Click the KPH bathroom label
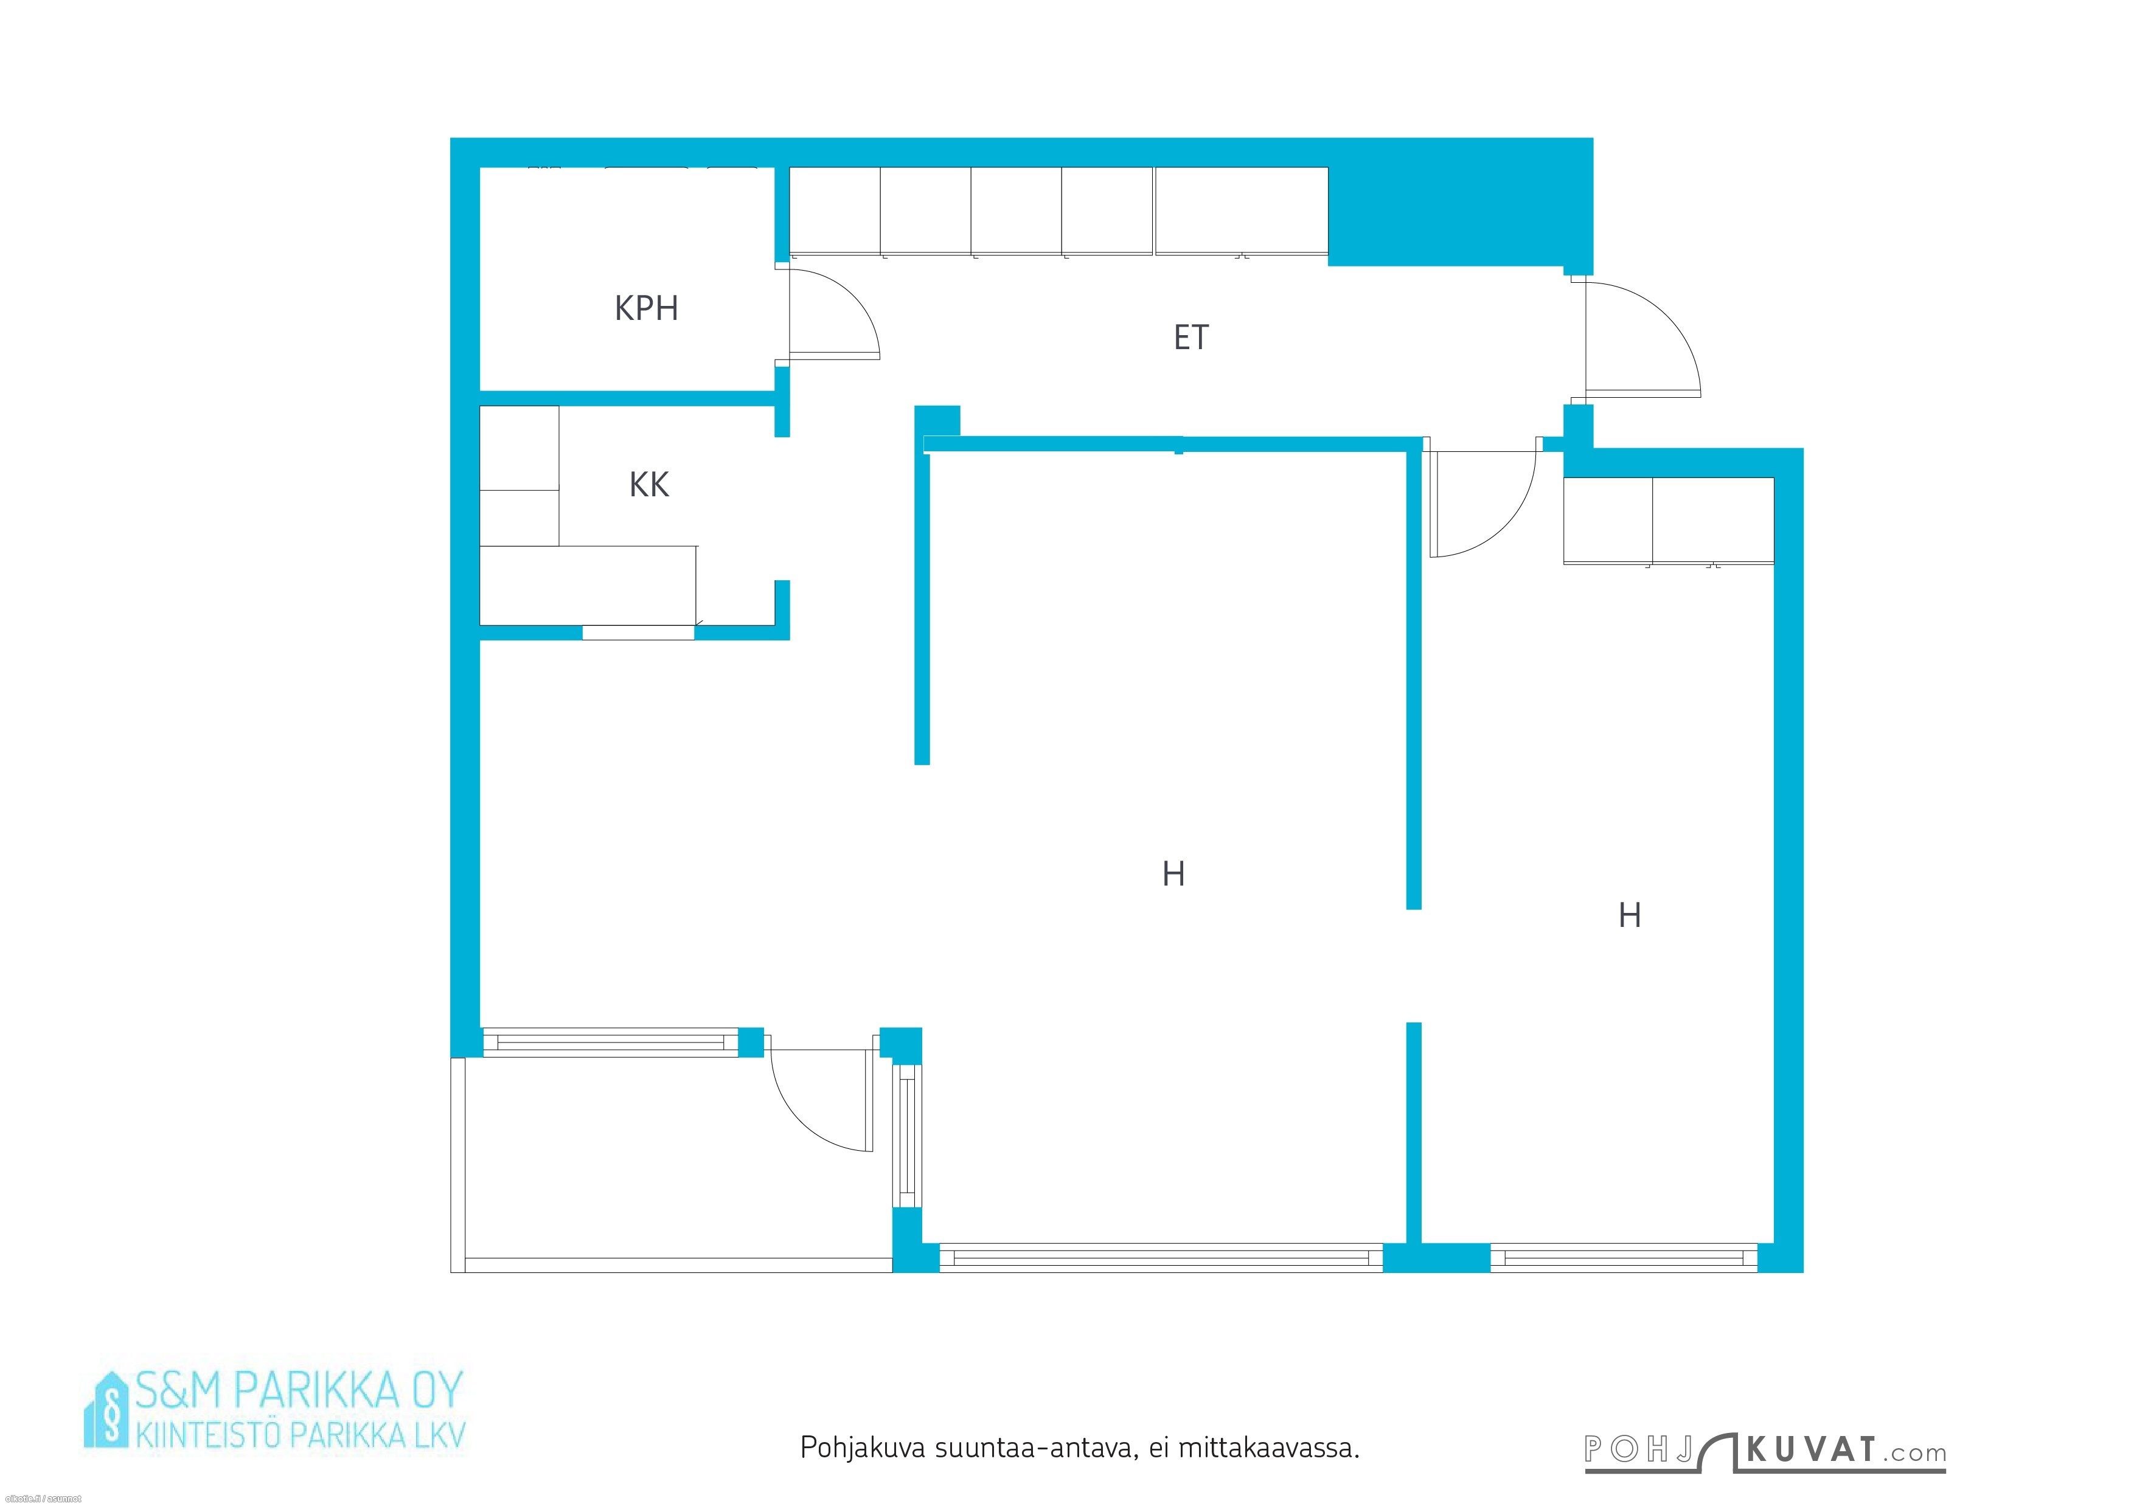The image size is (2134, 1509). pyautogui.click(x=646, y=308)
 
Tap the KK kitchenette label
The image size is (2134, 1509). pyautogui.click(x=648, y=484)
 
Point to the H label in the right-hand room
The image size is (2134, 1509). pyautogui.click(x=1628, y=915)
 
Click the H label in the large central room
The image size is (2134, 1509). pyautogui.click(x=1173, y=873)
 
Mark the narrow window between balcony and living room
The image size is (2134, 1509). pyautogui.click(x=908, y=1136)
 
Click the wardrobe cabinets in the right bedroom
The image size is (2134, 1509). pyautogui.click(x=1669, y=521)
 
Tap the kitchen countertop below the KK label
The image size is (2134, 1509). pyautogui.click(x=588, y=585)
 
